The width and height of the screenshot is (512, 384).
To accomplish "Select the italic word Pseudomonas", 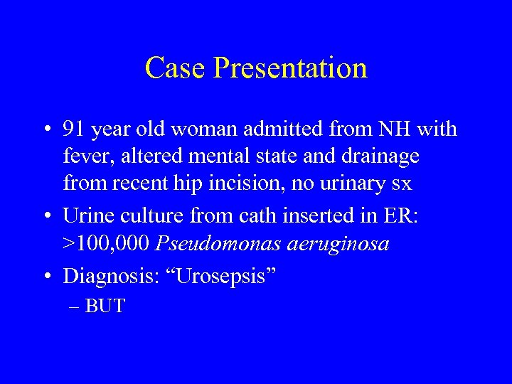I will pyautogui.click(x=213, y=244).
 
